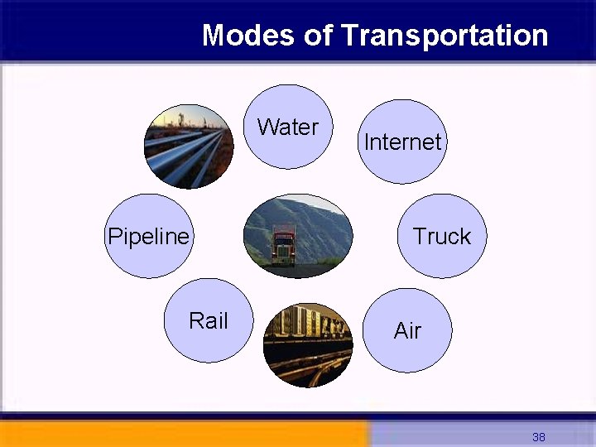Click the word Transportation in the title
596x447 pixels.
tap(444, 36)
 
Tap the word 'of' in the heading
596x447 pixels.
tap(319, 36)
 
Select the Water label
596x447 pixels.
tap(288, 127)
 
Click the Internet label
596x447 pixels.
tap(403, 142)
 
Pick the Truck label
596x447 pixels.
tap(442, 237)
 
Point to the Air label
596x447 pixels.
tap(407, 331)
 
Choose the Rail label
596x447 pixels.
tap(208, 321)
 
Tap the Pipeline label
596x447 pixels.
tap(149, 237)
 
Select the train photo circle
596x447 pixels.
tap(307, 344)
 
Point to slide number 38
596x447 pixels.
tap(539, 437)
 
